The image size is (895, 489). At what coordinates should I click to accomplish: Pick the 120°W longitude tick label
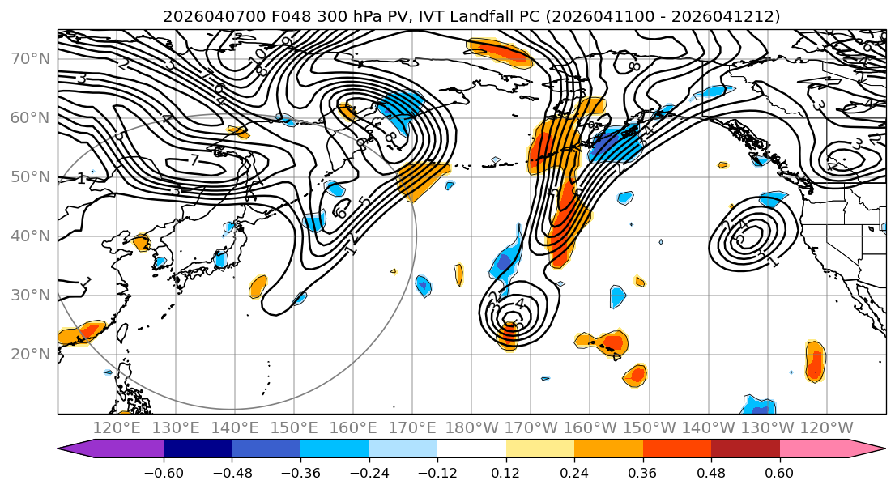point(825,427)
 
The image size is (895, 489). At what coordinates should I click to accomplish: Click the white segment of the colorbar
point(471,449)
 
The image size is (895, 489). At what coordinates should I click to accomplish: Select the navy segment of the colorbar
point(197,449)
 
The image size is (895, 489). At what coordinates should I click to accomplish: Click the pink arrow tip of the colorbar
point(872,449)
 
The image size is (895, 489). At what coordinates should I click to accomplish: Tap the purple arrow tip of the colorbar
point(76,449)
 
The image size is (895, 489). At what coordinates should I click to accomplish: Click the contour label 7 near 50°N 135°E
point(194,160)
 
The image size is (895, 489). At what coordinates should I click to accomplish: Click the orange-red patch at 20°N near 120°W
point(815,360)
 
